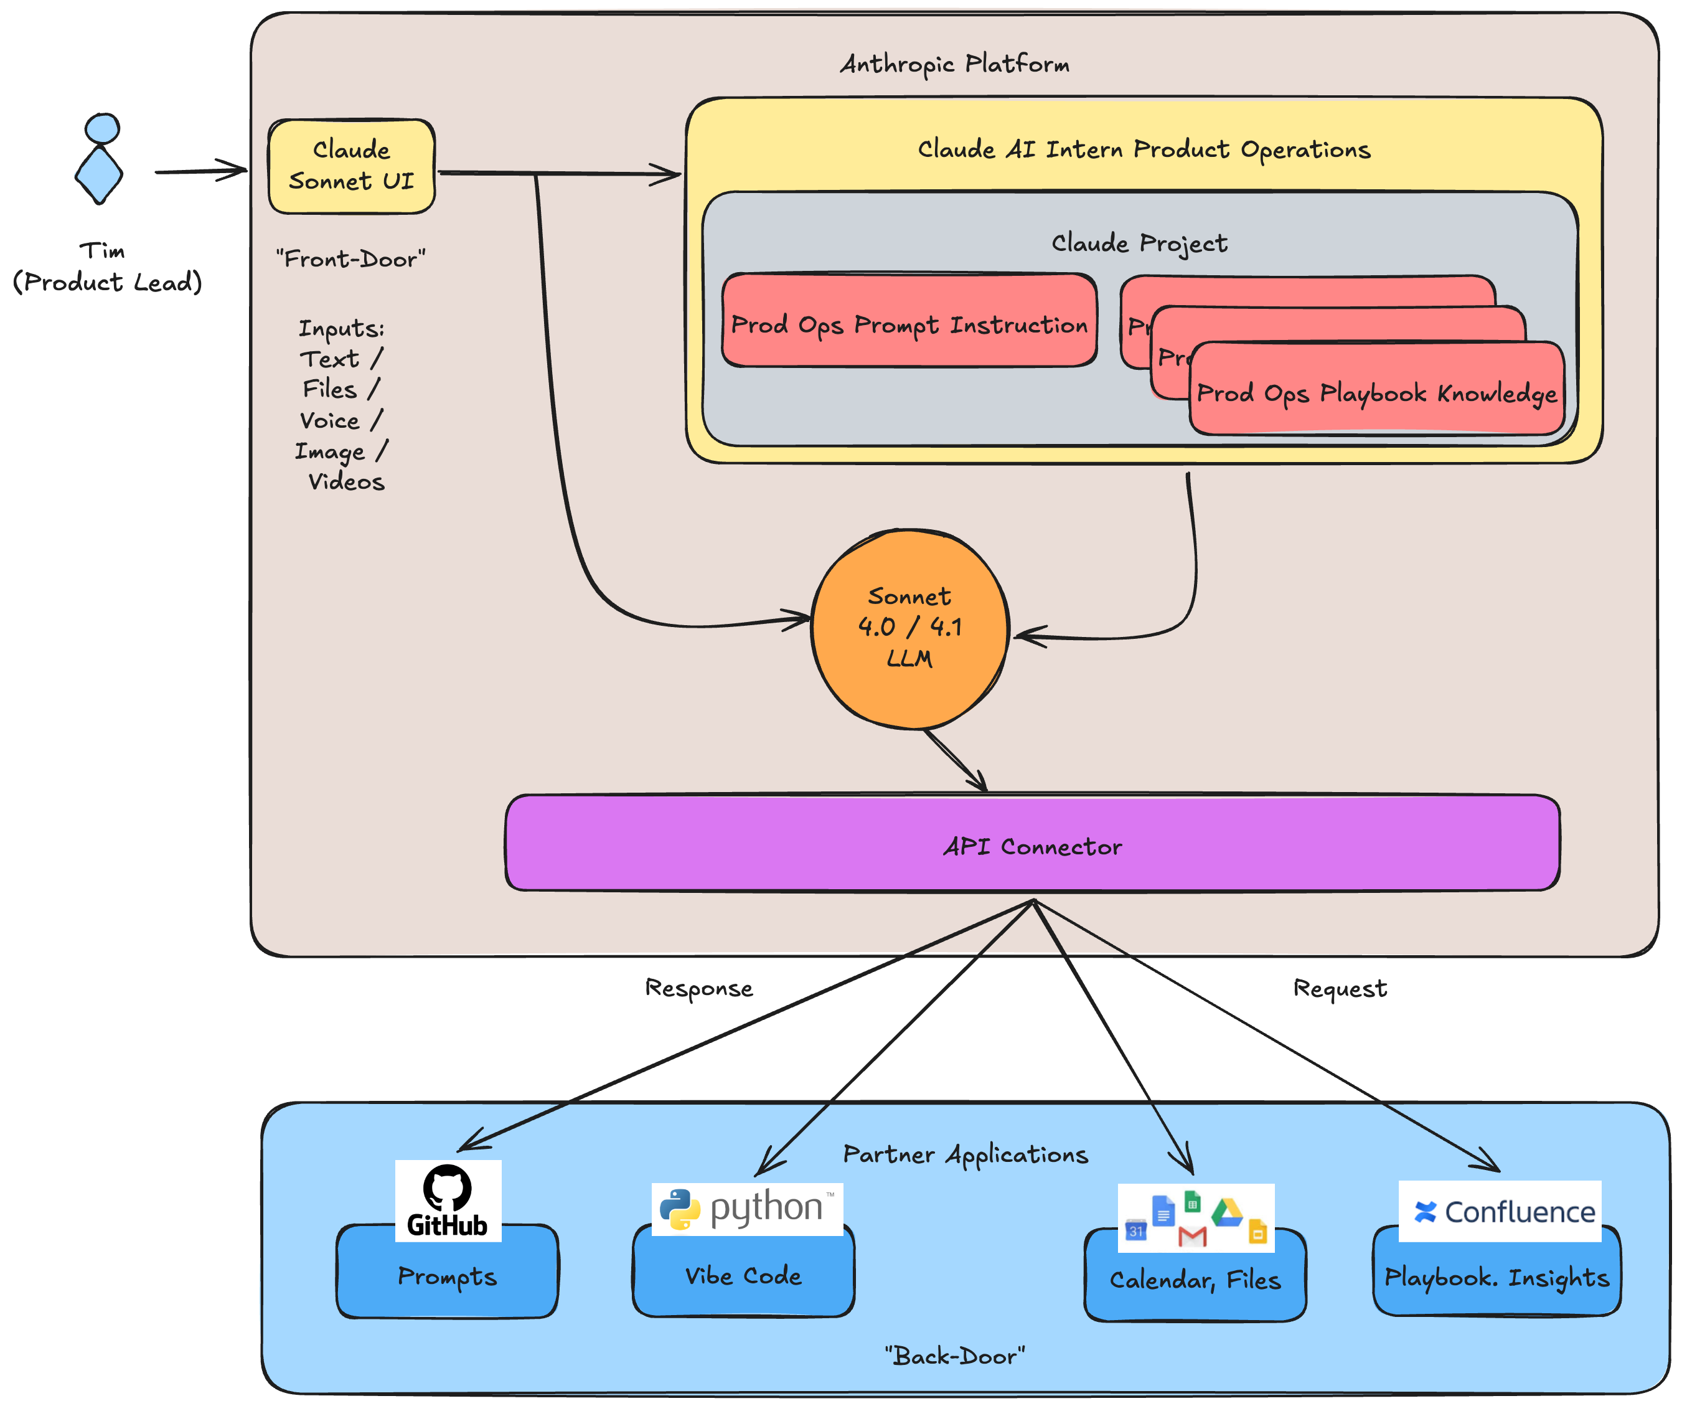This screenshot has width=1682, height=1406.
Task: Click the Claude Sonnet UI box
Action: click(352, 166)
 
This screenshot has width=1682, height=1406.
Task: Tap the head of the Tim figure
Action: click(103, 128)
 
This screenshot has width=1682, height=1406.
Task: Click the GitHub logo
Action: click(448, 1200)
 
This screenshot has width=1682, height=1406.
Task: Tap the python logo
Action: click(746, 1208)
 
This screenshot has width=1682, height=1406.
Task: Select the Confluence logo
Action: click(1500, 1210)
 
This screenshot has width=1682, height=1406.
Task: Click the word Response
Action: click(698, 988)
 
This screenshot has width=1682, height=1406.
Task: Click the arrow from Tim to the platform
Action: click(200, 171)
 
